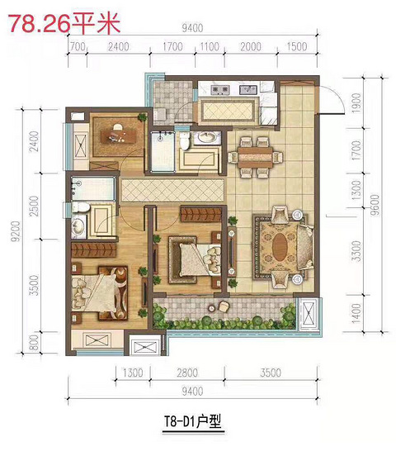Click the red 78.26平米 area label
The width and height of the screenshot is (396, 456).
64,24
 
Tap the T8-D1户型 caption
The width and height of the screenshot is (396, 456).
193,421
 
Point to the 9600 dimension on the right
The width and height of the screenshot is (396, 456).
375,204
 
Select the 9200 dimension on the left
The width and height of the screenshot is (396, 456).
16,231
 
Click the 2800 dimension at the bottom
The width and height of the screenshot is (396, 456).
187,373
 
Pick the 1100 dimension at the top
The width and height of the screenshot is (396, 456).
210,46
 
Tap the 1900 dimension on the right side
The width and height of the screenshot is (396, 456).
356,103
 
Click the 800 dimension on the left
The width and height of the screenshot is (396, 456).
35,343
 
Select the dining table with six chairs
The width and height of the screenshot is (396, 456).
256,157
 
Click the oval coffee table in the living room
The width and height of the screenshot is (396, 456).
280,247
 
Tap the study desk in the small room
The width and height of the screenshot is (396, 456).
118,136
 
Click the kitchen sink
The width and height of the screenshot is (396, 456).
248,89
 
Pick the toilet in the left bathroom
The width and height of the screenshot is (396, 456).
81,207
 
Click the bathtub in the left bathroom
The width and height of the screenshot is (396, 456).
92,188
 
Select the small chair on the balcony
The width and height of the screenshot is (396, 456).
224,306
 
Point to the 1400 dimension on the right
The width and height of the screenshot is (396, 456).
356,314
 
